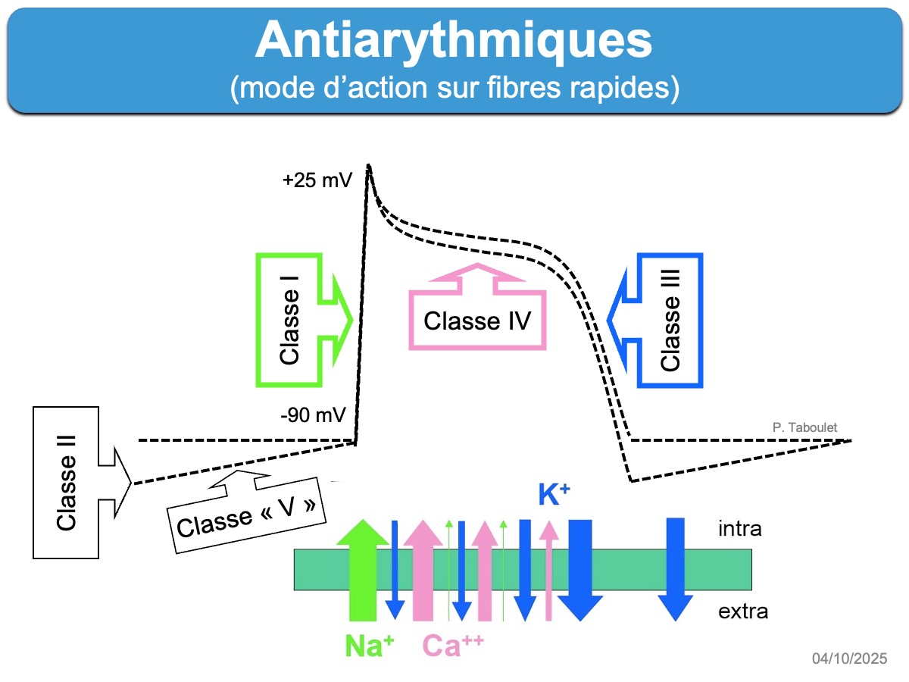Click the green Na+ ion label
[x=370, y=646]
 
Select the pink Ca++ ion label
[x=453, y=646]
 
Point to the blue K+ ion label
[x=554, y=494]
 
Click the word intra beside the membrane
[x=739, y=528]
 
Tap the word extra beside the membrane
[x=742, y=610]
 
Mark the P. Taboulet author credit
[x=805, y=427]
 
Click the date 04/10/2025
[x=849, y=659]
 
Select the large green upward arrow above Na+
[x=362, y=568]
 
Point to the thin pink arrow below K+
[x=548, y=572]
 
